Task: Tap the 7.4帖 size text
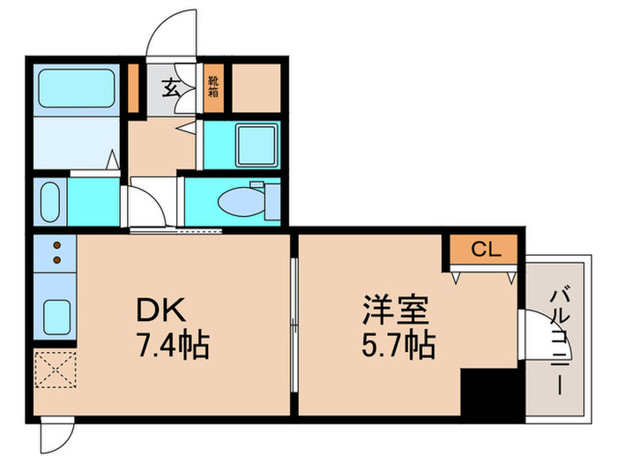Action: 173,345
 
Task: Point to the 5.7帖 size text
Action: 399,345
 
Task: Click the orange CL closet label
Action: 484,250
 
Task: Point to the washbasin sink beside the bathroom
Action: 49,204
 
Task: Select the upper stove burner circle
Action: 57,246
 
